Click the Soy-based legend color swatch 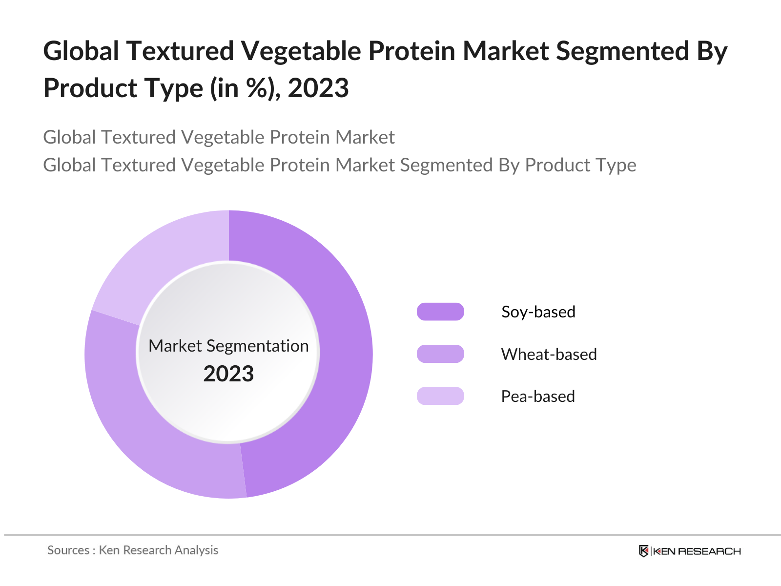point(440,312)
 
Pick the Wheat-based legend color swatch point(440,354)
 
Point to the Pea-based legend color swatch point(440,396)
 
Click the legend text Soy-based point(538,312)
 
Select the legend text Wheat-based point(549,354)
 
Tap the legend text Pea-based point(538,396)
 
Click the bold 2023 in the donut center point(228,374)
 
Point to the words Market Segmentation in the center point(228,346)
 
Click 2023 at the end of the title point(318,88)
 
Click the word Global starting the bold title point(81,51)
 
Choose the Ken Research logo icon point(644,551)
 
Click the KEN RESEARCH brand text point(697,551)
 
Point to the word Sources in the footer point(68,550)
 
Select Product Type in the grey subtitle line point(580,165)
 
